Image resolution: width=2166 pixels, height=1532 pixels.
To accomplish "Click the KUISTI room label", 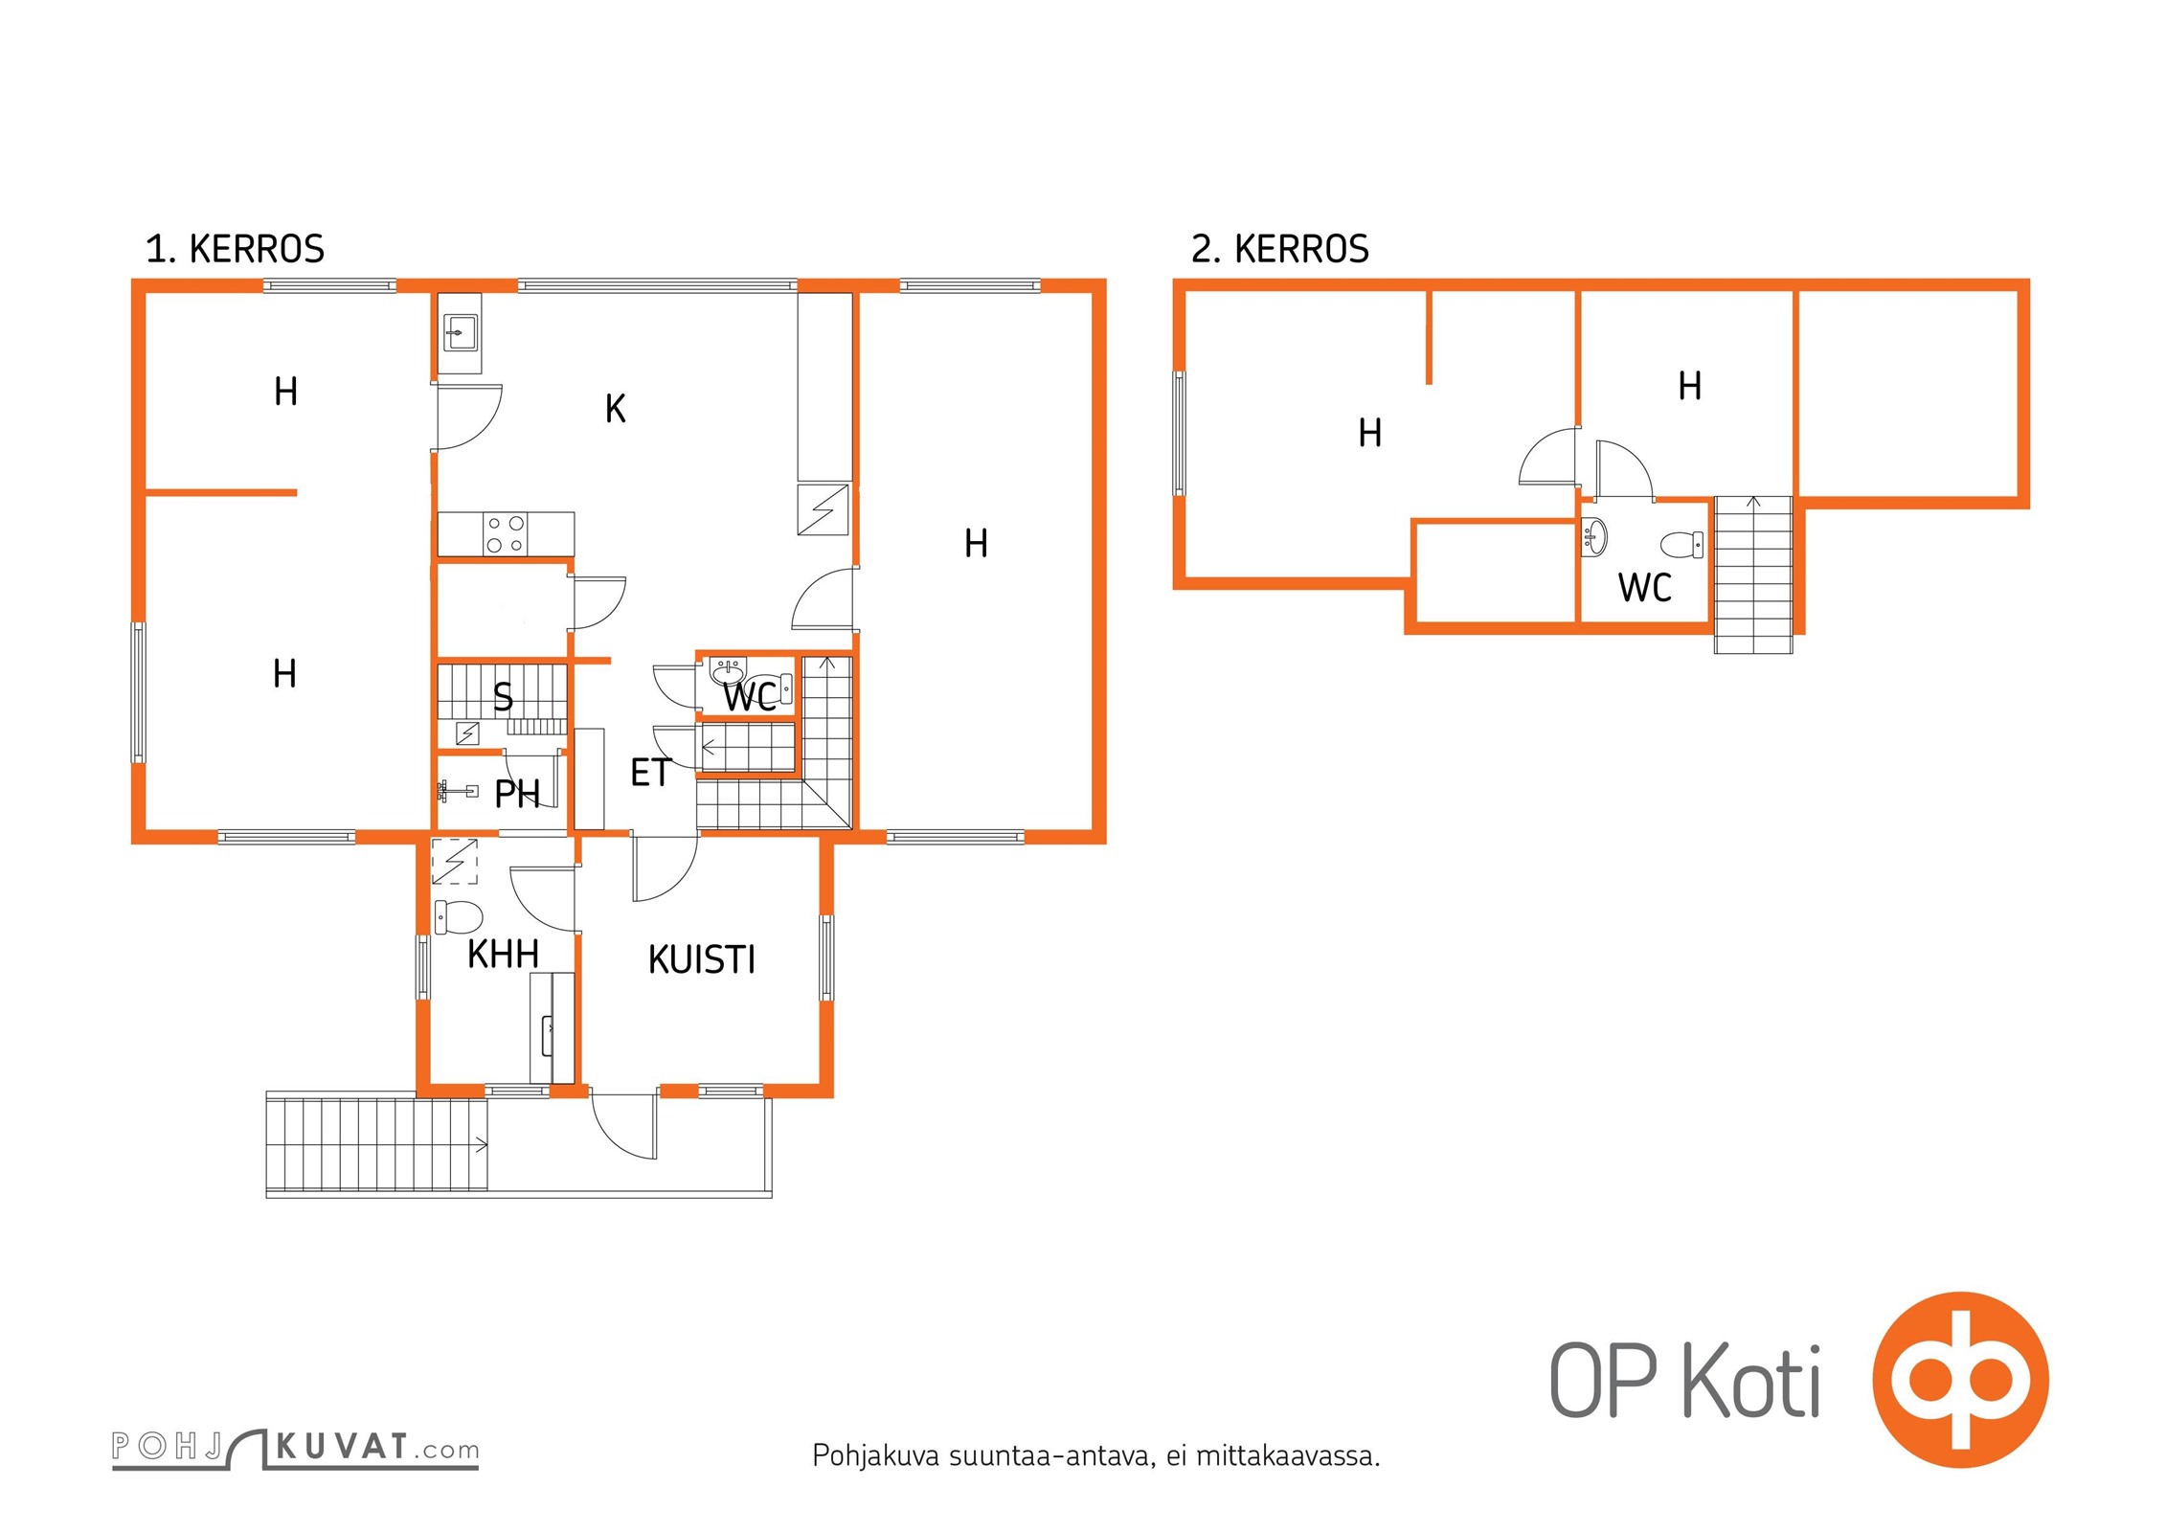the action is pos(702,959).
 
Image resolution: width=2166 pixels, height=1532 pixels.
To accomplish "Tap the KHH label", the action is pos(503,954).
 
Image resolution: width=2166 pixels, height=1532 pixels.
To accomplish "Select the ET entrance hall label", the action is pos(651,773).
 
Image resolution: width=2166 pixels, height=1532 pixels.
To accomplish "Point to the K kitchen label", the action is pos(616,409).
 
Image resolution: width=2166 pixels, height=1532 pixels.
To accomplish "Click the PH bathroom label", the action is pos(517,794).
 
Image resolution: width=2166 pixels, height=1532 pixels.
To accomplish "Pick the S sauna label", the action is pos(503,697).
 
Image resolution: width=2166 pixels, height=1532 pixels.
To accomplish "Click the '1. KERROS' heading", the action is pos(235,249).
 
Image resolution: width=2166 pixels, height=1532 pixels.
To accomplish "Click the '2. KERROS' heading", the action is pos(1280,249).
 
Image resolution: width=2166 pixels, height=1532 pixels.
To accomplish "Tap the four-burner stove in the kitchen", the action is pos(506,534).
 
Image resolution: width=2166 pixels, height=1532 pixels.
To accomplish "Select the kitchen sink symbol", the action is pos(461,333).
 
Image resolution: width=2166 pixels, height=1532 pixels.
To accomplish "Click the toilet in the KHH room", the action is pos(458,916).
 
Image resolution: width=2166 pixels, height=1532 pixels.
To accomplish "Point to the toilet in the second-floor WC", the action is pos(1682,545).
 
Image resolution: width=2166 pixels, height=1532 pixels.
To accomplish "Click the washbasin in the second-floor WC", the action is pos(1594,537).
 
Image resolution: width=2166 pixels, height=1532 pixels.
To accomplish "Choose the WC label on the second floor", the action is pos(1645,588).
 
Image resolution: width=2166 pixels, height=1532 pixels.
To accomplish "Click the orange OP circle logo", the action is pos(1960,1380).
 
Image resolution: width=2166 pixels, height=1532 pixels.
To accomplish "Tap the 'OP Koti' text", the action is pos(1685,1382).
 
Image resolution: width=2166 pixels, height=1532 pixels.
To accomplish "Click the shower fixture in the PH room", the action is pos(458,791).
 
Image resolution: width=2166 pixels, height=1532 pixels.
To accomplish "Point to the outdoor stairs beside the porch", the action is pos(377,1144).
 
